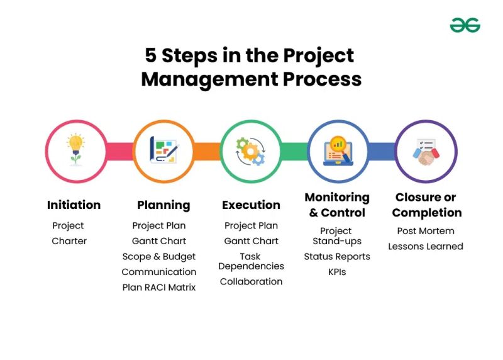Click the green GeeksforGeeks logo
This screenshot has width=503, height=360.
465,25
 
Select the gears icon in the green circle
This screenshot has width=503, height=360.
250,151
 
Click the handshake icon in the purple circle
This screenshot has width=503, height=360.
426,151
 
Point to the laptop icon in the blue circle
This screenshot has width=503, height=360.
338,151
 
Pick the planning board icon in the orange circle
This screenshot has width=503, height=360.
163,151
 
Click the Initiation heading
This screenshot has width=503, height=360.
74,205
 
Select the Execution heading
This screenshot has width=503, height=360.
251,205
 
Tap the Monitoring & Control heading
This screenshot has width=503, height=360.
337,205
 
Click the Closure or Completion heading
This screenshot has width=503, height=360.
426,205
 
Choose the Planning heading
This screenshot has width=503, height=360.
163,205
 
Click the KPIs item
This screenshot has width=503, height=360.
337,272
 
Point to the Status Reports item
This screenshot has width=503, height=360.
337,257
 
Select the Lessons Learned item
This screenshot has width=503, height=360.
426,246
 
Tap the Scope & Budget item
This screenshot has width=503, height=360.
159,256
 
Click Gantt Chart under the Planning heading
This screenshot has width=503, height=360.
159,241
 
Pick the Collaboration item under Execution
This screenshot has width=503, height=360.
251,281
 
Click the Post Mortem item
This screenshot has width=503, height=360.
426,231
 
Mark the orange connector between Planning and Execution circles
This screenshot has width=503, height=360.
207,151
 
